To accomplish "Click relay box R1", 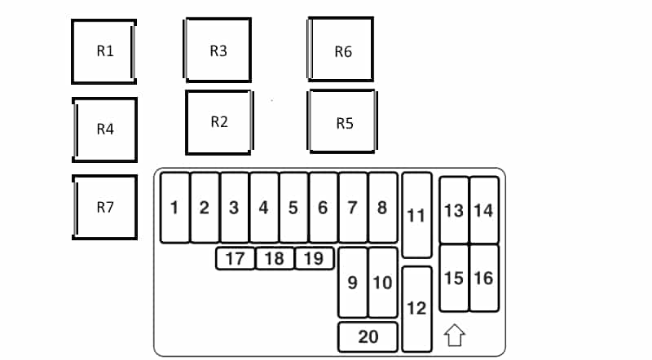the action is click(x=104, y=51).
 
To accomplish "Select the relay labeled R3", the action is click(x=218, y=50).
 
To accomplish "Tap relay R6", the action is click(x=341, y=49).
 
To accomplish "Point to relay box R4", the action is click(x=105, y=130).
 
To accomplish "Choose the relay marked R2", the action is click(x=219, y=123).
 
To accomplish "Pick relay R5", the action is click(x=342, y=121).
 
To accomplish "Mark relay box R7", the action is click(x=105, y=208).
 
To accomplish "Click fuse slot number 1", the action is click(x=174, y=208).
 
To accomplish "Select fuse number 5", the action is click(x=293, y=208).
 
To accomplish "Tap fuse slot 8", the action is click(x=383, y=208).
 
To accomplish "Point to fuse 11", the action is click(x=417, y=215).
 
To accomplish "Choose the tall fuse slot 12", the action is click(x=417, y=310).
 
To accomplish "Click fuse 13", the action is click(x=454, y=210).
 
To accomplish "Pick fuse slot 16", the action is click(x=484, y=278).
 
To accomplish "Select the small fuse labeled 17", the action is click(x=235, y=258).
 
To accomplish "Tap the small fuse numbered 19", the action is click(x=314, y=258).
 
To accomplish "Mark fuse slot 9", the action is click(x=353, y=283).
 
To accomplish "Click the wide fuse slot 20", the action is click(x=368, y=336).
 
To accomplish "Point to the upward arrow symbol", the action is click(x=454, y=335).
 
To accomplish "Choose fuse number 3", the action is click(x=234, y=208).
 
